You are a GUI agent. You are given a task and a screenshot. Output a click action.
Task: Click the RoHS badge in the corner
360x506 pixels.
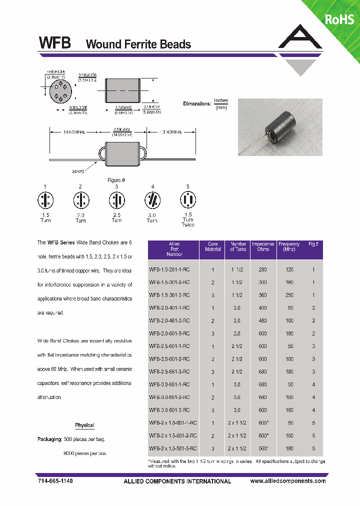pyautogui.click(x=339, y=19)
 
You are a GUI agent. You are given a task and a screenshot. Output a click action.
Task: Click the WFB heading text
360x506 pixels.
pyautogui.click(x=54, y=43)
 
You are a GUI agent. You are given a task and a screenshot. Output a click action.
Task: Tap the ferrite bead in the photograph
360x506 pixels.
pyautogui.click(x=278, y=127)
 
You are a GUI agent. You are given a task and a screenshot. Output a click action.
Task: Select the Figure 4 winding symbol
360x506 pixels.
pyautogui.click(x=152, y=201)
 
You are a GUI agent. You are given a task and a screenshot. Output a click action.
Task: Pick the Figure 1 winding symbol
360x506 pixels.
pyautogui.click(x=45, y=201)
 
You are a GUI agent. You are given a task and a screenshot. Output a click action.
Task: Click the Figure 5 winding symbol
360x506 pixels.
pyautogui.click(x=187, y=200)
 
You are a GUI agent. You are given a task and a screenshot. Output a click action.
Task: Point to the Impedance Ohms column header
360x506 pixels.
pyautogui.click(x=263, y=246)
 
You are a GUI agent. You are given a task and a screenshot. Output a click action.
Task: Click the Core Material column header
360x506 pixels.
pyautogui.click(x=213, y=246)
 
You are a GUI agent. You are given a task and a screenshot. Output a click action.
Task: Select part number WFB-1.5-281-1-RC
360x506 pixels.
pyautogui.click(x=173, y=269)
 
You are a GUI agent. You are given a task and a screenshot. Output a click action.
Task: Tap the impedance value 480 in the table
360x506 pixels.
pyautogui.click(x=263, y=320)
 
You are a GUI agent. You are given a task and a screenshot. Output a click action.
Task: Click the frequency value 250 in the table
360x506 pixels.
pyautogui.click(x=289, y=295)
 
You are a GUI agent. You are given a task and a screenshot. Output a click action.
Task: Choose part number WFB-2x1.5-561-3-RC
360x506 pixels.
pyautogui.click(x=173, y=448)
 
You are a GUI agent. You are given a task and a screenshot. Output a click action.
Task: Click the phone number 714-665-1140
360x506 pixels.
pyautogui.click(x=55, y=481)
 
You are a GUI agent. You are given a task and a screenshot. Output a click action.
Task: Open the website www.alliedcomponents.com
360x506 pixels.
pyautogui.click(x=287, y=481)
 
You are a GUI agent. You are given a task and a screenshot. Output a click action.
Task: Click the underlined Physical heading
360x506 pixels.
pyautogui.click(x=84, y=425)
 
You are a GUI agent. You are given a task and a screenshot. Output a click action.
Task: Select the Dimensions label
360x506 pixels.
pyautogui.click(x=197, y=104)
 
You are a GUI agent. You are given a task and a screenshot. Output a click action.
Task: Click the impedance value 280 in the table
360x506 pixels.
pyautogui.click(x=263, y=269)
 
